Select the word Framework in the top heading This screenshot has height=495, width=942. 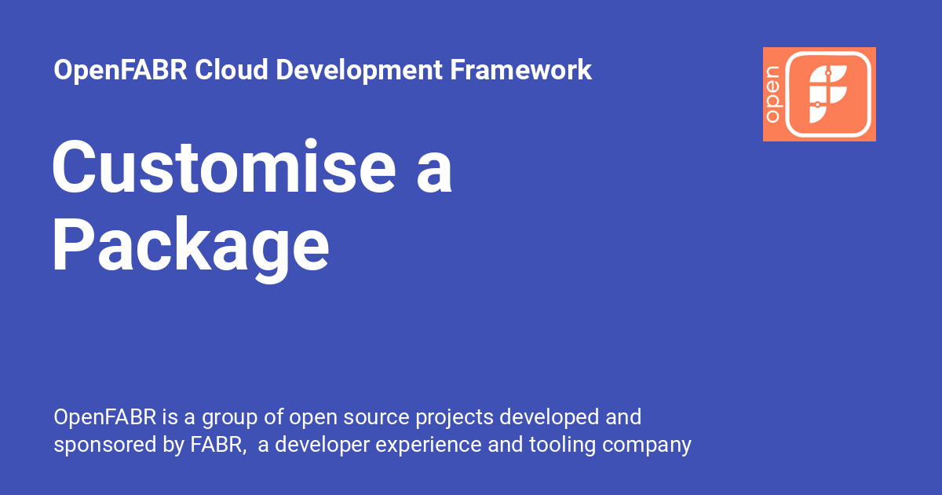[521, 71]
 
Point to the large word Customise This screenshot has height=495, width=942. [224, 168]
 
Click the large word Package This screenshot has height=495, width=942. [191, 247]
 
